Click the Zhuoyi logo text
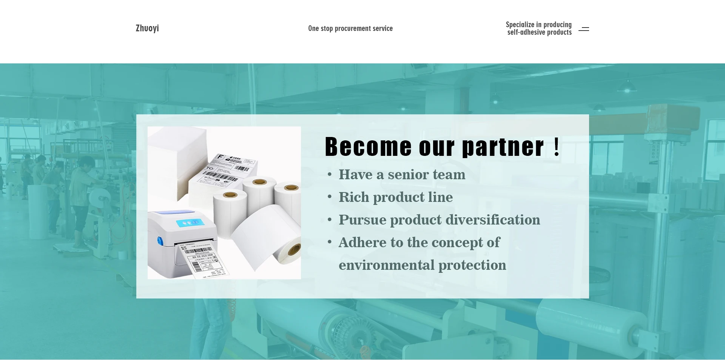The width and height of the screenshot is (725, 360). (x=147, y=28)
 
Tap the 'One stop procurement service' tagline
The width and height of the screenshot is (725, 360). (x=350, y=28)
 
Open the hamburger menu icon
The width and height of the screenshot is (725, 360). (x=584, y=29)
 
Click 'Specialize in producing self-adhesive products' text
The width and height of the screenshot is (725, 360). (x=539, y=28)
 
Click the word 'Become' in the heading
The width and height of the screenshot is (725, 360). (x=368, y=146)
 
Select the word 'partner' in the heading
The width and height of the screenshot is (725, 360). (x=503, y=147)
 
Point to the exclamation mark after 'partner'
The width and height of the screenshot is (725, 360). (x=557, y=146)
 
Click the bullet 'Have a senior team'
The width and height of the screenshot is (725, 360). (x=402, y=174)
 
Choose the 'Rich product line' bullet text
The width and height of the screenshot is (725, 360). (x=395, y=197)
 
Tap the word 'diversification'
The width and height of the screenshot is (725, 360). (x=493, y=220)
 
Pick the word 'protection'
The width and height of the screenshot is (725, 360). (x=472, y=265)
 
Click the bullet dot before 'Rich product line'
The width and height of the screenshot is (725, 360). (x=330, y=197)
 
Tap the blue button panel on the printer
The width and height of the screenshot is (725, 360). (x=187, y=223)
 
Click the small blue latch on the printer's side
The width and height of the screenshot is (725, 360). (x=160, y=241)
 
